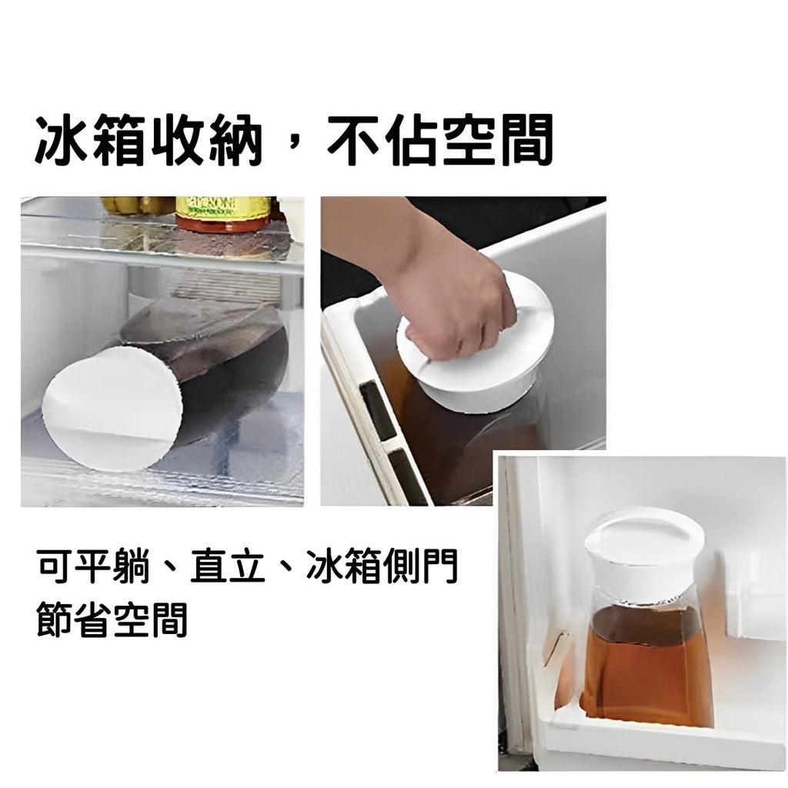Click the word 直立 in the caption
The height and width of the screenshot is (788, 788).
(228, 566)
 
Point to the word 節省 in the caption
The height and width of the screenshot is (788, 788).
(74, 619)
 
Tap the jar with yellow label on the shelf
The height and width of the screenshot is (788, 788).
(224, 214)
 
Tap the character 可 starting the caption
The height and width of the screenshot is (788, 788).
(55, 566)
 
